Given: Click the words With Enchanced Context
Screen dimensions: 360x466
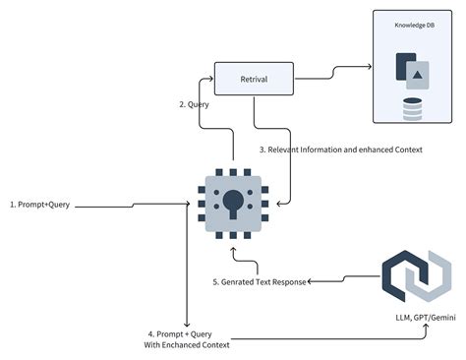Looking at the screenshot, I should click(x=187, y=344).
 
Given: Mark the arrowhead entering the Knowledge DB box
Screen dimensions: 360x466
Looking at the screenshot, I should click(x=369, y=68).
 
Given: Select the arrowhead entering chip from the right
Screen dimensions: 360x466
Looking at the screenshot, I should click(x=281, y=204).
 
